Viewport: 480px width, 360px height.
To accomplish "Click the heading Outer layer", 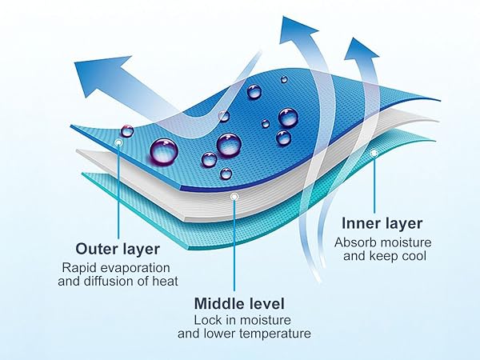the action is [x=118, y=249].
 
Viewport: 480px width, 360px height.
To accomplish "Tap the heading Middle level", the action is [x=239, y=304].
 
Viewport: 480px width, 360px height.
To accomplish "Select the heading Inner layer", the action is [x=382, y=223].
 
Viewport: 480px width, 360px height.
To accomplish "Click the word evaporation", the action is [x=135, y=268].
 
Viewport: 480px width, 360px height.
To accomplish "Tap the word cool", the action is [x=414, y=256].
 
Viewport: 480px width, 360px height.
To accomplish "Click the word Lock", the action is [x=205, y=320].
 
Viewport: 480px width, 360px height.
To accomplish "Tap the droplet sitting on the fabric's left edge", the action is [x=127, y=131].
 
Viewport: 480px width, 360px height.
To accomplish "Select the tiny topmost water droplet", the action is [x=284, y=79].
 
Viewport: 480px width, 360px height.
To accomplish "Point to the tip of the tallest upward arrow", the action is [x=282, y=17].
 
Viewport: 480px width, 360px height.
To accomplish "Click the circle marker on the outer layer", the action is [x=118, y=142].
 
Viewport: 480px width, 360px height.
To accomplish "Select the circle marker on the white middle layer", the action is [x=234, y=197].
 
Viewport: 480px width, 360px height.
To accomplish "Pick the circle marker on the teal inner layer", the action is [x=374, y=153].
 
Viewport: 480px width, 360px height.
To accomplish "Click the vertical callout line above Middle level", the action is [x=234, y=246].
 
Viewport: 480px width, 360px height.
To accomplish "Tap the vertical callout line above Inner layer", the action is [x=374, y=185].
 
